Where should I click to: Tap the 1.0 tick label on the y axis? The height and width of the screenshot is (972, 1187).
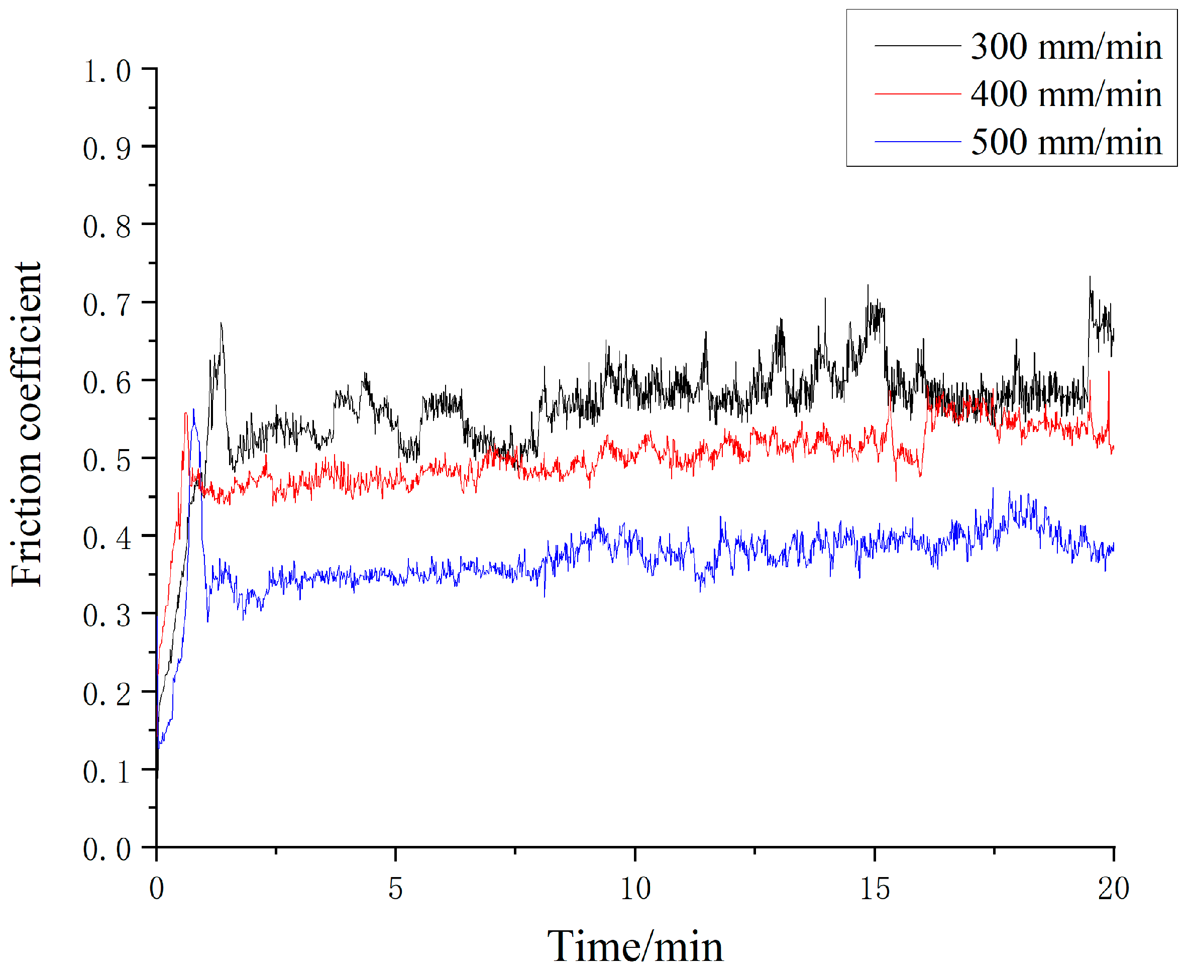[x=107, y=71]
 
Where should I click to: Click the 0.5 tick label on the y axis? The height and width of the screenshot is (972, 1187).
[x=107, y=461]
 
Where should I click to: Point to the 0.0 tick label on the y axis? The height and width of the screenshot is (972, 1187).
[x=107, y=849]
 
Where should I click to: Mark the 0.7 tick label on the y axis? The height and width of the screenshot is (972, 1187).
[x=107, y=305]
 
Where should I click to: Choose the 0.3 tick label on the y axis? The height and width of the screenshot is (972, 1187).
[x=107, y=616]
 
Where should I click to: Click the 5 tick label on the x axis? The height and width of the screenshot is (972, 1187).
[x=395, y=889]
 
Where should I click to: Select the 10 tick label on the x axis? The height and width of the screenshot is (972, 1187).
[x=635, y=889]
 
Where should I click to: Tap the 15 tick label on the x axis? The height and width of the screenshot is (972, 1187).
[x=874, y=889]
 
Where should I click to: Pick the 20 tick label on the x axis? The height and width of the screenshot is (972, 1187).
[x=1113, y=889]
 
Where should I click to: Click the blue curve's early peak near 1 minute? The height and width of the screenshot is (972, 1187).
[x=194, y=411]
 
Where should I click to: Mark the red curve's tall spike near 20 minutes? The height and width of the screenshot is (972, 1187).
[x=1109, y=372]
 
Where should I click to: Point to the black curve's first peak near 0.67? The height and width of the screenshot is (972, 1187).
[x=221, y=324]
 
